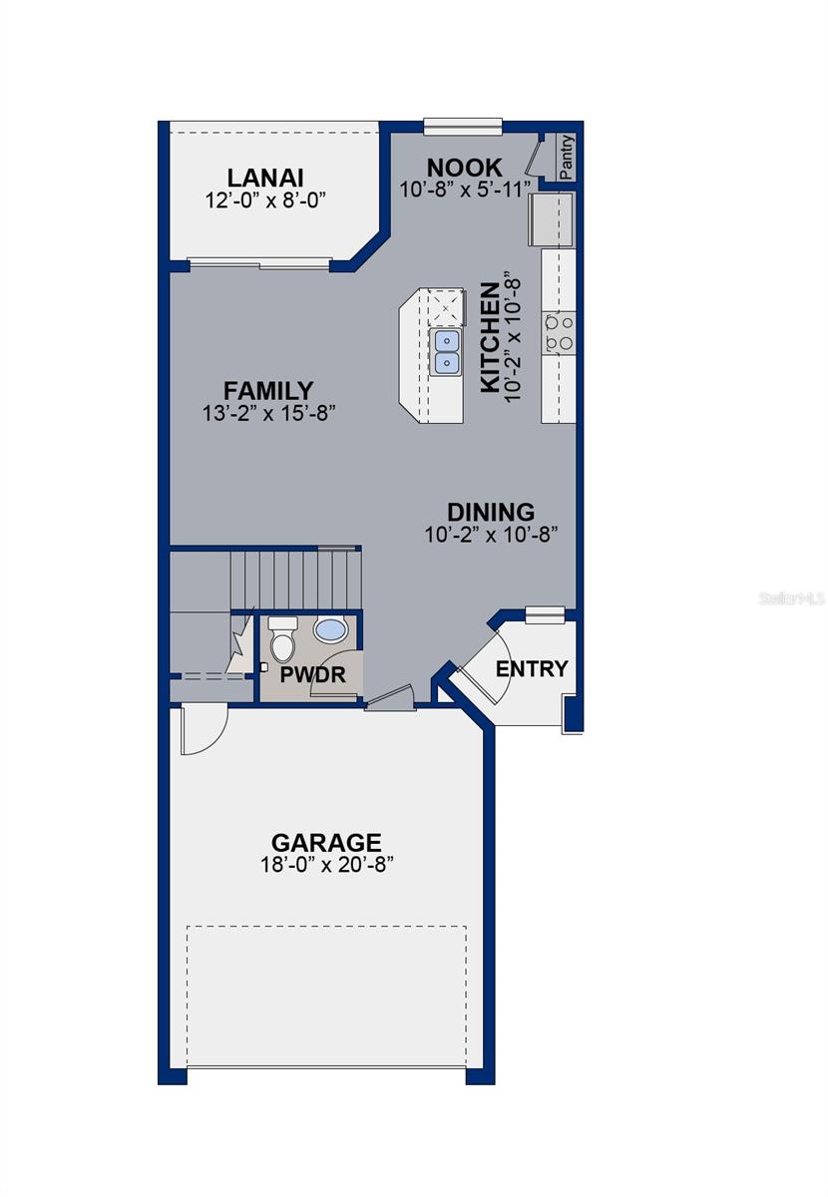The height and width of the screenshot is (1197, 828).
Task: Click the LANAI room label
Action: click(265, 178)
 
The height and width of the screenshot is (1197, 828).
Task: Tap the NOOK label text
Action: click(464, 167)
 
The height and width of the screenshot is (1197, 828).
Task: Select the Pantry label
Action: click(567, 158)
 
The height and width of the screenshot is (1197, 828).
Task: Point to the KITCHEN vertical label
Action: click(490, 337)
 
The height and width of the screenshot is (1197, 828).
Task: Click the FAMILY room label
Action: click(268, 391)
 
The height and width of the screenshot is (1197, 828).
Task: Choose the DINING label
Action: click(490, 512)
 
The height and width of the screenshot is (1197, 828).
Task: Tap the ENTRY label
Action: click(532, 668)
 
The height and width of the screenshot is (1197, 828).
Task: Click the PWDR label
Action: click(312, 675)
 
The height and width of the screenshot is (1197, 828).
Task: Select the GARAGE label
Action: click(326, 842)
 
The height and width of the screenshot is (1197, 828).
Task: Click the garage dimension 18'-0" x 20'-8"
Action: click(326, 865)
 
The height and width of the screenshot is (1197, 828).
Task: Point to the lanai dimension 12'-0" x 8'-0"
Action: click(265, 200)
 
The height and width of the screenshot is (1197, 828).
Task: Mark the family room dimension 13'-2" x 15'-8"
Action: click(268, 413)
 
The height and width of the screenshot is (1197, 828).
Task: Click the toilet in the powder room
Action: click(283, 642)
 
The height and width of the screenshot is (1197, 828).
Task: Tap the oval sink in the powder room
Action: click(329, 630)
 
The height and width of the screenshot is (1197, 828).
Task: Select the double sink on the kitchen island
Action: click(446, 352)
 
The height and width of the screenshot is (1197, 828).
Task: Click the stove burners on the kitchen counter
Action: click(559, 332)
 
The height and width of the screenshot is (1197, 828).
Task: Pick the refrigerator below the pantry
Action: click(552, 219)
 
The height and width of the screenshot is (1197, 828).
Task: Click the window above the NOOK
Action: click(462, 127)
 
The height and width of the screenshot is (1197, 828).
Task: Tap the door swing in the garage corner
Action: click(203, 729)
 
